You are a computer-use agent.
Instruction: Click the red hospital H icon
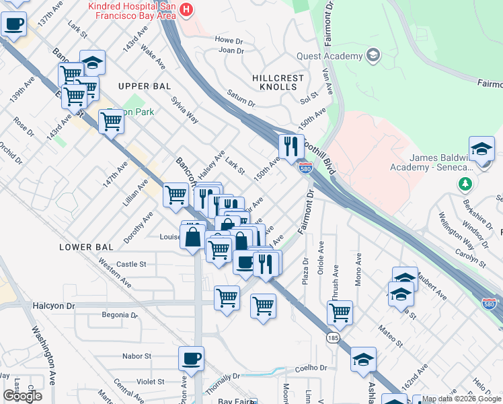tap(186, 10)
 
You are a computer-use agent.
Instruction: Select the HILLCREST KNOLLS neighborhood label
tap(277, 83)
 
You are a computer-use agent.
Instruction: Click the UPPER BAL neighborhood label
tap(144, 86)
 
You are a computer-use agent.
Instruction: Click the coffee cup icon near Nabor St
tap(191, 358)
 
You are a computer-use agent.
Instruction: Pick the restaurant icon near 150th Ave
tap(291, 146)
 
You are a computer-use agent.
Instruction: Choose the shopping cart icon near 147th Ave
tap(111, 122)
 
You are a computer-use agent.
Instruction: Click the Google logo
tap(23, 396)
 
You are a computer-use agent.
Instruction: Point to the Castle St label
tap(131, 265)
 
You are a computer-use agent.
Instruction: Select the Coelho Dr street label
tap(313, 368)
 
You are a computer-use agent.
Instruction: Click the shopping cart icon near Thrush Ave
tap(340, 312)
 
